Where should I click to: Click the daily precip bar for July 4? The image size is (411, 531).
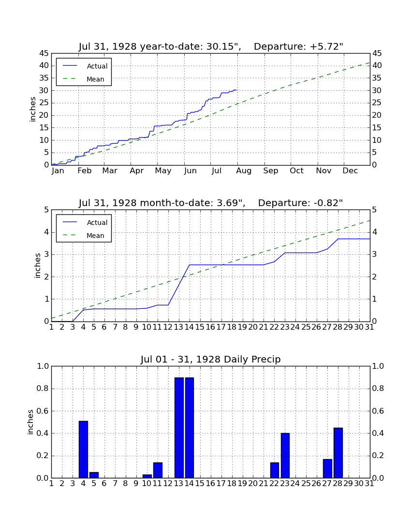click(x=84, y=449)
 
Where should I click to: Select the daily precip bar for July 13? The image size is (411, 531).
click(x=179, y=428)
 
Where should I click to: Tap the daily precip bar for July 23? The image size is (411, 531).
click(x=285, y=456)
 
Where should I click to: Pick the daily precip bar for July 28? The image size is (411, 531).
click(x=338, y=453)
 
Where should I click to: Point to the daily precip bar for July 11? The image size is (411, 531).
click(x=158, y=470)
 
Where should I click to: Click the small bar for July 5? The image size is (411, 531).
click(x=94, y=475)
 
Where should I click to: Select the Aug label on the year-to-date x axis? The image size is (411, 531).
click(x=244, y=171)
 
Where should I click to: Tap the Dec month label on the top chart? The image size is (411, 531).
click(x=350, y=171)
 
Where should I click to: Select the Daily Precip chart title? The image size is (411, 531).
click(x=211, y=359)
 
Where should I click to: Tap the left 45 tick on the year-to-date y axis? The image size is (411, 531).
click(x=44, y=54)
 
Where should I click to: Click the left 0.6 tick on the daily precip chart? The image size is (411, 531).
click(x=43, y=411)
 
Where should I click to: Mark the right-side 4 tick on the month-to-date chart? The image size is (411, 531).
click(x=374, y=232)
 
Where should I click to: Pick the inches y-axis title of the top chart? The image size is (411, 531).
click(x=32, y=109)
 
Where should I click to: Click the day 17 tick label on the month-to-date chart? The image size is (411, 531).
click(x=221, y=327)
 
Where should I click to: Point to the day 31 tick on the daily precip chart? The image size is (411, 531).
click(x=369, y=484)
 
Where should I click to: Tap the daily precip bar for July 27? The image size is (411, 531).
click(x=327, y=469)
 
